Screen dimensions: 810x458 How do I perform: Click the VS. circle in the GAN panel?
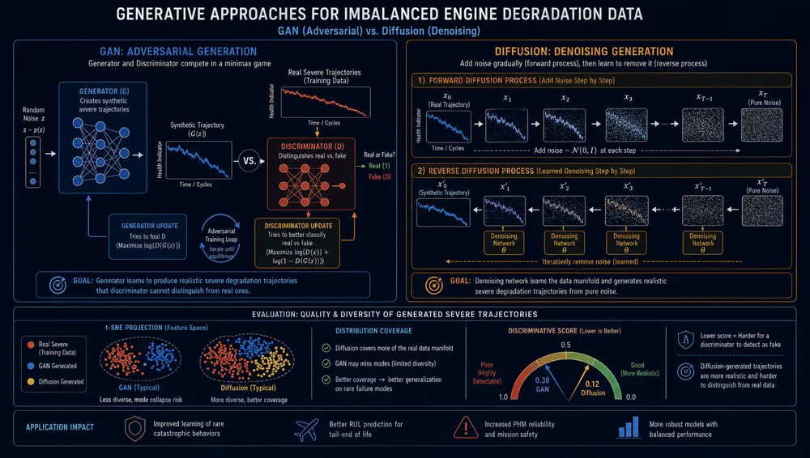[x=249, y=160]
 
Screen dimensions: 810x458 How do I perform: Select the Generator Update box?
[x=147, y=236]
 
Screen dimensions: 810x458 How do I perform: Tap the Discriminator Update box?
[x=297, y=244]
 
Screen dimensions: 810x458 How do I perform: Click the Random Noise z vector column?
[x=33, y=161]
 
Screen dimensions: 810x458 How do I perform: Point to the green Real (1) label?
[x=379, y=166]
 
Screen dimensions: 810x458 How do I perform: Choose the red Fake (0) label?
[x=380, y=176]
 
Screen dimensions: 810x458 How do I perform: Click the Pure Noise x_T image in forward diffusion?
[x=762, y=125]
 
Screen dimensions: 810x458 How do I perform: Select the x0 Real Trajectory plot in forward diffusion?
[x=449, y=126]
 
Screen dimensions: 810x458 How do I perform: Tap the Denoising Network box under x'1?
[x=504, y=243]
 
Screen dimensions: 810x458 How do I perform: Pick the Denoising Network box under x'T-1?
[x=702, y=243]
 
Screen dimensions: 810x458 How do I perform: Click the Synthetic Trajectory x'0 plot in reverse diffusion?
[x=443, y=212]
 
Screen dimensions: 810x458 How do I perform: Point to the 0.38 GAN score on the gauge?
[x=542, y=384]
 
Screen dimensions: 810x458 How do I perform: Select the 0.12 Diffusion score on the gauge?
[x=593, y=388]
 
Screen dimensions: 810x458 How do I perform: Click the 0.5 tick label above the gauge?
[x=565, y=345]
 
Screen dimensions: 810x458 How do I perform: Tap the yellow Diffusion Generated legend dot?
[x=31, y=382]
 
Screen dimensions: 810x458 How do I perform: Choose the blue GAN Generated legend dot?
[x=31, y=366]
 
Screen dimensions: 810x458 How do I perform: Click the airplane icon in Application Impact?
[x=306, y=430]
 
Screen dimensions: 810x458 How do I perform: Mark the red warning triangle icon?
[x=466, y=427]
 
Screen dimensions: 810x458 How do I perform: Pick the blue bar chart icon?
[x=629, y=427]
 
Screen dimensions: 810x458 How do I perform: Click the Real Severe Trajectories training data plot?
[x=326, y=102]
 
